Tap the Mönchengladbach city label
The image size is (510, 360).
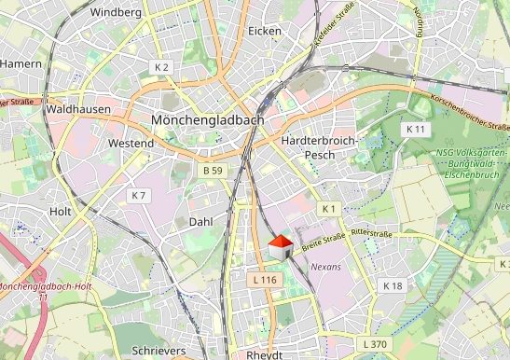[x=207, y=120]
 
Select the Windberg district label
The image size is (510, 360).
[x=117, y=12]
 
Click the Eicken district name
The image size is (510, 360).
[x=265, y=31]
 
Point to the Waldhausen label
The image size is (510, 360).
[x=77, y=109]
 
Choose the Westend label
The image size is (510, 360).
[x=131, y=144]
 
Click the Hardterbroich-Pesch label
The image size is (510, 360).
[x=317, y=146]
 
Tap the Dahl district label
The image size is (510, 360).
[x=200, y=222]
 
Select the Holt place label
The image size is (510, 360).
[x=60, y=212]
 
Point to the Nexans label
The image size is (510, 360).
[x=326, y=267]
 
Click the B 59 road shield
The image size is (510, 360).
[x=213, y=171]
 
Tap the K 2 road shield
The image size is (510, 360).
[x=161, y=68]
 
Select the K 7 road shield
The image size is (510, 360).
[x=138, y=195]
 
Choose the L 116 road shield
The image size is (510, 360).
[x=265, y=279]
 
